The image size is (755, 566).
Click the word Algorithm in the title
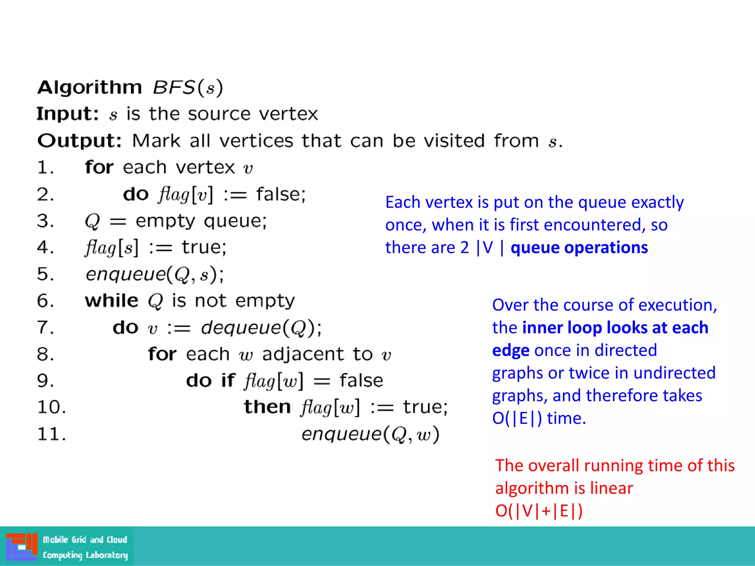90,88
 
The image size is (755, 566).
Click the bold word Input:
67,113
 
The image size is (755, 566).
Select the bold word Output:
79,140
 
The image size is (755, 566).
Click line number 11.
52,434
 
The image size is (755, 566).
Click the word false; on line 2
281,194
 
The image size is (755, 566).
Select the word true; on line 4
204,247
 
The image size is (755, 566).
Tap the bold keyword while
111,301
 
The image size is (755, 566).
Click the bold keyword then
267,407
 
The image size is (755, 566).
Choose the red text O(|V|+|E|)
539,511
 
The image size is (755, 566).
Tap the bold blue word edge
511,350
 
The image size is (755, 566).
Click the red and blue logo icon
21,546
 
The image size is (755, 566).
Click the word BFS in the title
173,88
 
